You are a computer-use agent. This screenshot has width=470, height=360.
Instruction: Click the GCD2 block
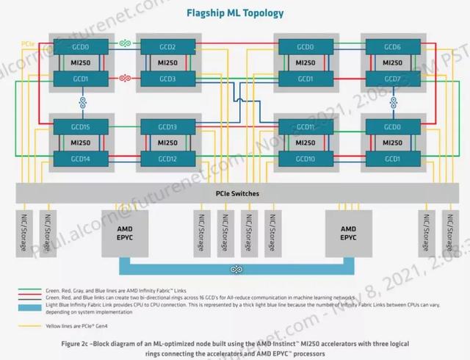(167, 47)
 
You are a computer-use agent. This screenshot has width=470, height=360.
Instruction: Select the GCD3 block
(167, 79)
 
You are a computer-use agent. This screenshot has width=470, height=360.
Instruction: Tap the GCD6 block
(392, 47)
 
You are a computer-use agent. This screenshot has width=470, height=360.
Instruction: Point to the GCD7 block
(392, 79)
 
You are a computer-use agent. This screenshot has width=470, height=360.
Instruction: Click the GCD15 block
(80, 127)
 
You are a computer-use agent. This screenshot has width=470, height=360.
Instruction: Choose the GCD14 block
(80, 159)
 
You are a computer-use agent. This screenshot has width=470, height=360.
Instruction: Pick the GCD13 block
(167, 127)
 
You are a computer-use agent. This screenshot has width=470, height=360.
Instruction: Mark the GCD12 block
(167, 159)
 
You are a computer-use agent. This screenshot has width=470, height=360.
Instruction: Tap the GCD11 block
(305, 127)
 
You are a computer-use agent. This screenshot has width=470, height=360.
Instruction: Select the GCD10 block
(305, 159)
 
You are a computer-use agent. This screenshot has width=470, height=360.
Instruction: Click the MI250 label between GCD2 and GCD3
(167, 62)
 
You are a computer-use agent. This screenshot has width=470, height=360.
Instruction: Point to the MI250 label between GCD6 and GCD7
(392, 62)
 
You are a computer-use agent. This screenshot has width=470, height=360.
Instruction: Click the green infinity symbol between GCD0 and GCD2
(124, 43)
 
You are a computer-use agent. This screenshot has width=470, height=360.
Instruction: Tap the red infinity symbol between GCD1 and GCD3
(124, 77)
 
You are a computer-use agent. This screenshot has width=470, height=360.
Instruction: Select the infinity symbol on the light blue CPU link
(236, 270)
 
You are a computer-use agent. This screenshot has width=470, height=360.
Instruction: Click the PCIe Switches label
(236, 193)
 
